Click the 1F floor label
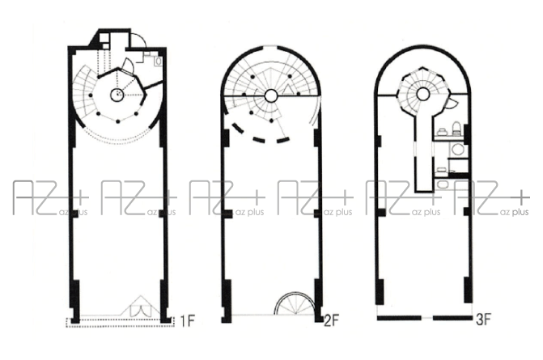point(187,321)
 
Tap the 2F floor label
point(331,320)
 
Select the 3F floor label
point(483,320)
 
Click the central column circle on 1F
point(117,95)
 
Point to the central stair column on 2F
point(271,96)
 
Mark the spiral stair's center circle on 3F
point(422,94)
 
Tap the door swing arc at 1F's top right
point(140,38)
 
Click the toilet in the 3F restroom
point(456,128)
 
